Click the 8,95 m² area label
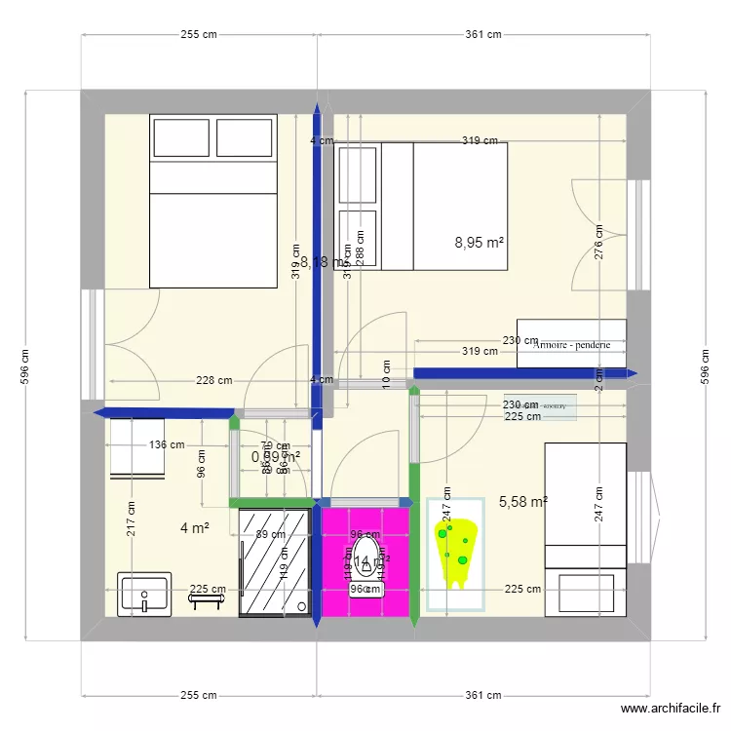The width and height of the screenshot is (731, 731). point(480,243)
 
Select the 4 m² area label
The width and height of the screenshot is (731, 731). point(195,528)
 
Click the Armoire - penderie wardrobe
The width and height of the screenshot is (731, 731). point(571,344)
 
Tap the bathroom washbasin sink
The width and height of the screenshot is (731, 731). point(143,594)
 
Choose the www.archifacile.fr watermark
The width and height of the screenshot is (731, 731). point(672,711)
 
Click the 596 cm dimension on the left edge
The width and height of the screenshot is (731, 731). point(25,367)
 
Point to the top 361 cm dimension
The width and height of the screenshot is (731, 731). point(482,34)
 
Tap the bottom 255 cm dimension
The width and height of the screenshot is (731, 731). point(198,695)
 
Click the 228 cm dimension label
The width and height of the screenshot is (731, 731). point(213,381)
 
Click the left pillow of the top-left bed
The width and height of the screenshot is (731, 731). point(179,138)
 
